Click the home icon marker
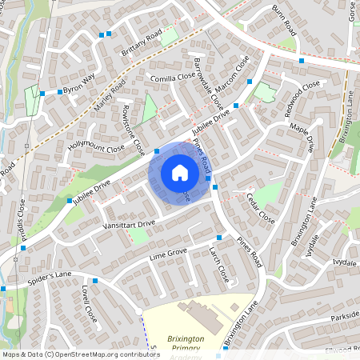tap(180, 172)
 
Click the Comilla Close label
tap(174, 79)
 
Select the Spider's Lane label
tap(52, 275)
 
